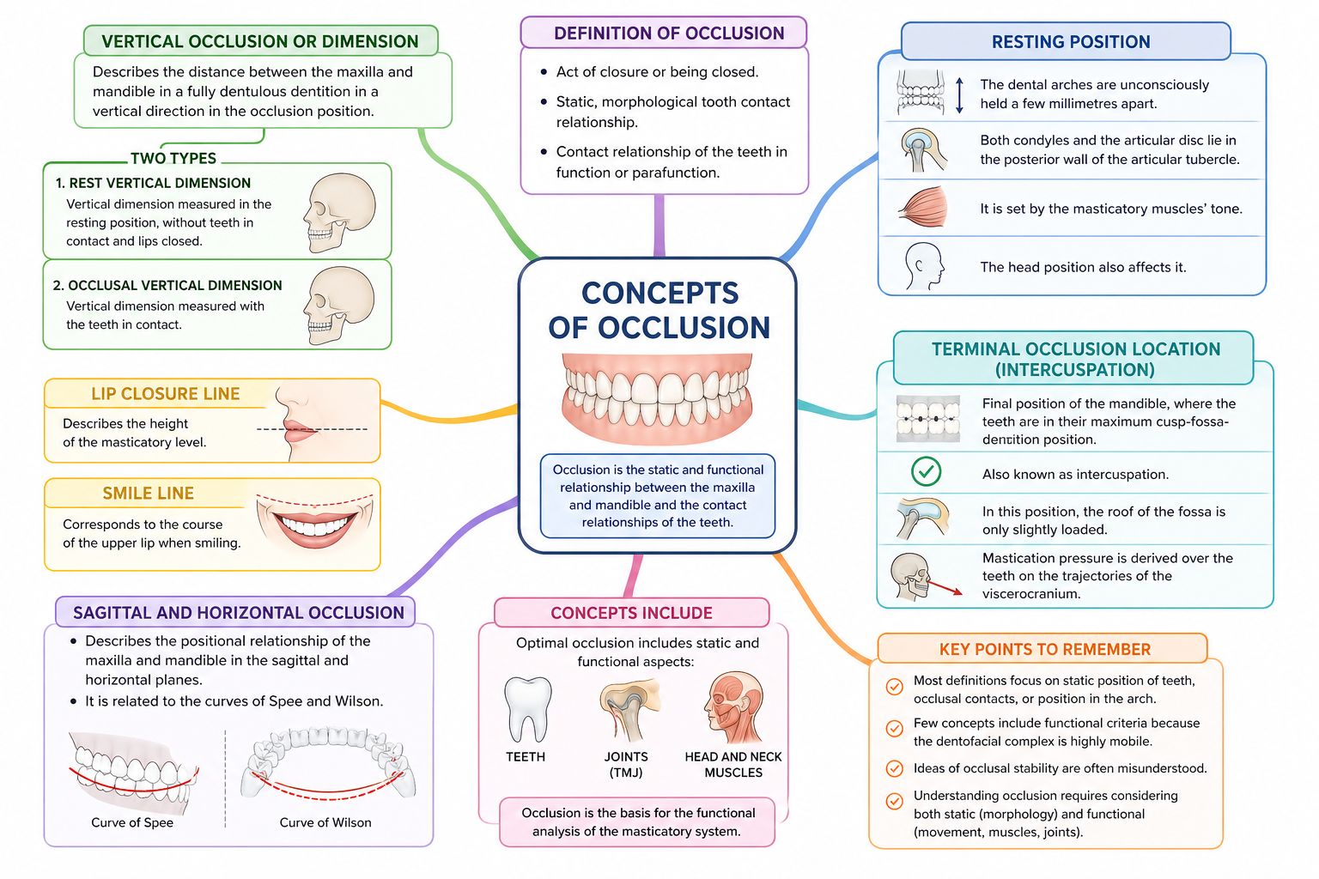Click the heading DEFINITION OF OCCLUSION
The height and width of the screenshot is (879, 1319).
pyautogui.click(x=668, y=33)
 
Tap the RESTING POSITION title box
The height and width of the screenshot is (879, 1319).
pyautogui.click(x=1070, y=42)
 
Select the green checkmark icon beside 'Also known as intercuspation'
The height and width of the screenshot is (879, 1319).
pyautogui.click(x=926, y=471)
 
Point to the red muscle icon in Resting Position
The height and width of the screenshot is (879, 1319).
pyautogui.click(x=923, y=209)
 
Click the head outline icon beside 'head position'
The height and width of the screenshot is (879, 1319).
pyautogui.click(x=923, y=266)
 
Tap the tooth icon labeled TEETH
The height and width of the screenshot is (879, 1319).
pyautogui.click(x=526, y=709)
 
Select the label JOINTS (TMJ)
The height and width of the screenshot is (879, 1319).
pyautogui.click(x=626, y=764)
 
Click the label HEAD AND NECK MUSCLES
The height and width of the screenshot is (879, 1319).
pyautogui.click(x=733, y=764)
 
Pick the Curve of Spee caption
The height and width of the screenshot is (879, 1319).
pyautogui.click(x=132, y=822)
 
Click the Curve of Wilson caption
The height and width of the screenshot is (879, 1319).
pyautogui.click(x=325, y=822)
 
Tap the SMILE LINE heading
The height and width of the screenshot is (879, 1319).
pyautogui.click(x=148, y=494)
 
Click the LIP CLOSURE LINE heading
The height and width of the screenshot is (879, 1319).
pyautogui.click(x=166, y=394)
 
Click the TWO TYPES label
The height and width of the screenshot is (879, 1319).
pyautogui.click(x=173, y=158)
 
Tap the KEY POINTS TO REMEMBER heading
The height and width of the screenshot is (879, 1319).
pyautogui.click(x=1044, y=649)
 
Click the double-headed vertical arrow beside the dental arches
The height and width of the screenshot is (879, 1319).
pyautogui.click(x=960, y=95)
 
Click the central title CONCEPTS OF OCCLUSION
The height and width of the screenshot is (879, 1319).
pyautogui.click(x=659, y=310)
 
